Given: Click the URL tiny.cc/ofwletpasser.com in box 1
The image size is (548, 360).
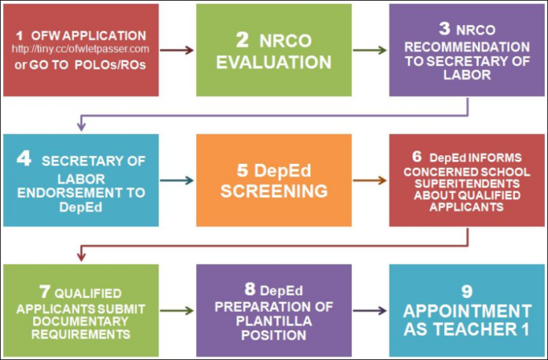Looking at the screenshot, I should click(x=81, y=50).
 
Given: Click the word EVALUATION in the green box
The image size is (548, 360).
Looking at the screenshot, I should click(x=274, y=61).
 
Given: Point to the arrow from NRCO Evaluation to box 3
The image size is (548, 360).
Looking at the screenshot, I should click(x=370, y=50).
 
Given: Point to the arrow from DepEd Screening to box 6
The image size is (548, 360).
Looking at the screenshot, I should click(x=370, y=180).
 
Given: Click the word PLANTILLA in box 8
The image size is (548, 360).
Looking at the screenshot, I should click(x=274, y=320).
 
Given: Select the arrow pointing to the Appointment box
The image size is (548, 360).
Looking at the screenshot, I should click(x=370, y=310).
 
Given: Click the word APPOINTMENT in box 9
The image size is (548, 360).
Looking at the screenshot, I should click(x=468, y=310).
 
